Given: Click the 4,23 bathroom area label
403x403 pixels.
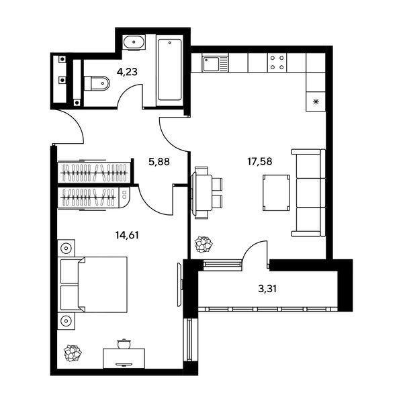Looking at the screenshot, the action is [x=127, y=72].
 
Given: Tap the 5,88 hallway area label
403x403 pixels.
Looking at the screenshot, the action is [x=159, y=162].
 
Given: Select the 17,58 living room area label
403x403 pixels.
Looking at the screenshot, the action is [x=259, y=161].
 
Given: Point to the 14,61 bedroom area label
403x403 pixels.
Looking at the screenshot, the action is [x=127, y=235].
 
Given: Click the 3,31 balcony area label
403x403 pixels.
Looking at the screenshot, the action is [x=267, y=289].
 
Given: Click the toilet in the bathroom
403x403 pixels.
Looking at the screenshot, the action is [x=97, y=83].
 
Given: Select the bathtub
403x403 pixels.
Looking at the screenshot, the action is [x=170, y=70].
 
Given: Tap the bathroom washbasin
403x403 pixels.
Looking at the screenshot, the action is [x=134, y=42].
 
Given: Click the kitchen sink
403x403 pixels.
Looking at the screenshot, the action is [x=215, y=64].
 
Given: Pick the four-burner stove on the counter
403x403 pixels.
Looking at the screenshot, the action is [x=277, y=62].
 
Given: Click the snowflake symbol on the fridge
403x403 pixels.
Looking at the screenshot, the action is [x=316, y=102].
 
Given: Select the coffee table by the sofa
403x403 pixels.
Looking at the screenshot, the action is [x=276, y=193].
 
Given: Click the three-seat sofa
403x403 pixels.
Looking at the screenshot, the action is [x=308, y=193].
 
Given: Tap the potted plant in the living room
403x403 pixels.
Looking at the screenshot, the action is [x=204, y=244].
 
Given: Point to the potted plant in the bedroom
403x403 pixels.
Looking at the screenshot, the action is [x=73, y=353].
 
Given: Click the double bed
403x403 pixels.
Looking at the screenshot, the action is [x=94, y=285].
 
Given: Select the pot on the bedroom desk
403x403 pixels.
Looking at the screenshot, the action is [x=124, y=344].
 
